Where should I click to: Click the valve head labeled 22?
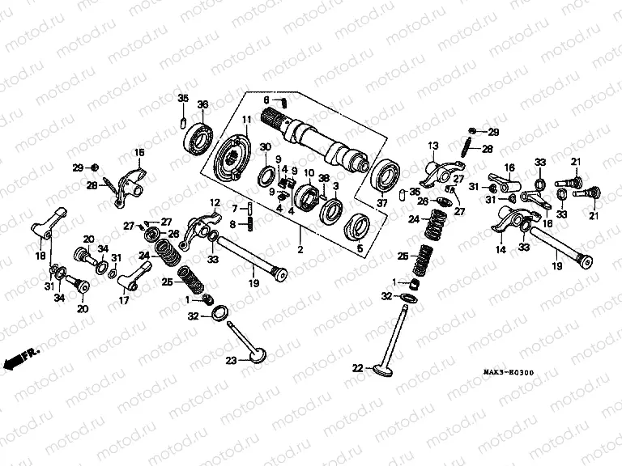(x=380, y=371)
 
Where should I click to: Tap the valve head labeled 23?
(x=257, y=355)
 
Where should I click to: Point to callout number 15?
(x=138, y=152)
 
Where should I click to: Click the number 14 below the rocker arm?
(x=499, y=251)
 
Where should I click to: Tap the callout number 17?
(x=123, y=299)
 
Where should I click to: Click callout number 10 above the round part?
(x=309, y=172)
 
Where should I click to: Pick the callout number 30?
(x=265, y=145)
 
